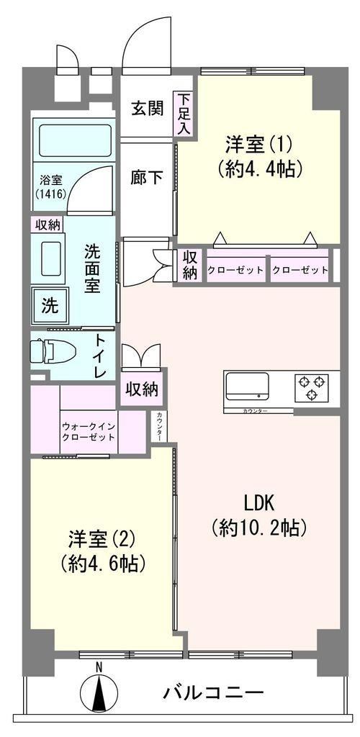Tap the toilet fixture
pos(53,351)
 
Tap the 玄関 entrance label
pos(147,109)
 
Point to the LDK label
pos(258,504)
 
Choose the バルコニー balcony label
pos(213,692)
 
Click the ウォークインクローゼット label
pos(89,432)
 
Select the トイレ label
pos(104,356)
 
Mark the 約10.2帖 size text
pos(259,530)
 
